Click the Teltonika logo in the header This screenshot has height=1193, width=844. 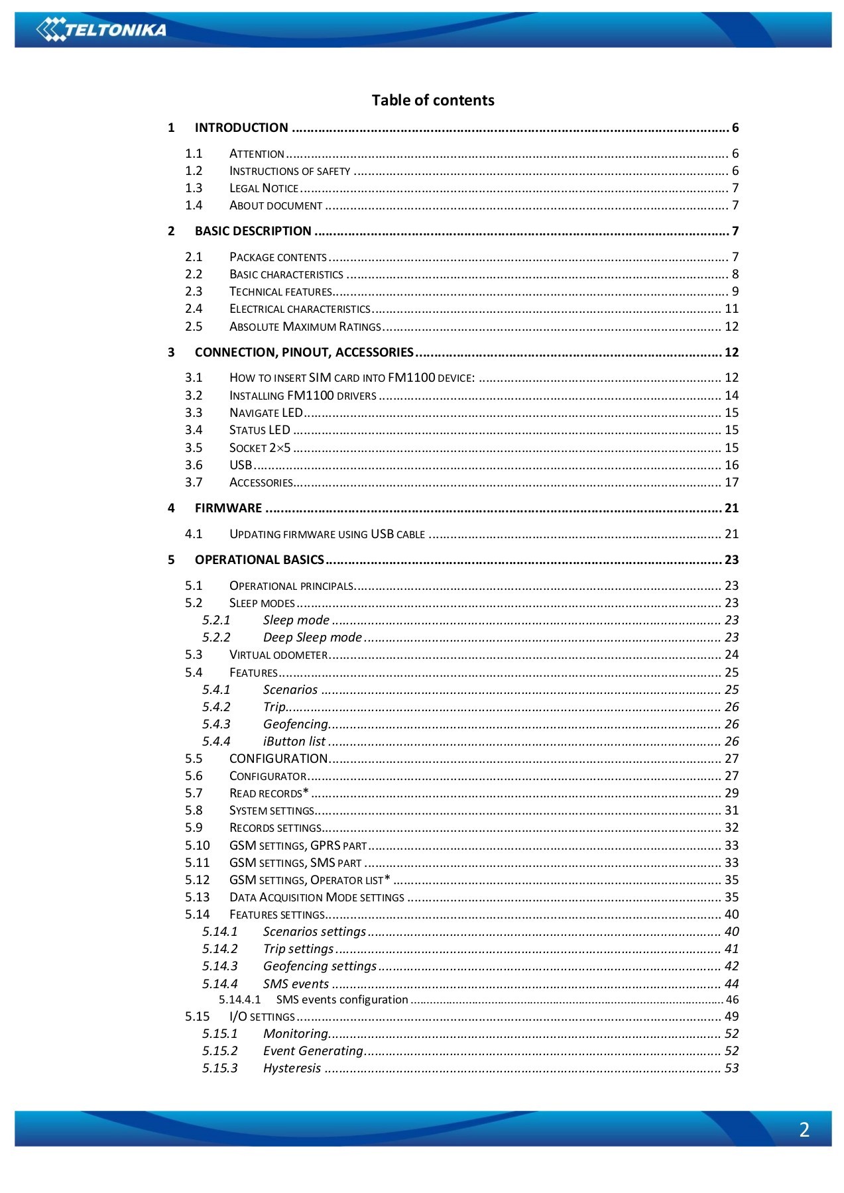click(x=101, y=29)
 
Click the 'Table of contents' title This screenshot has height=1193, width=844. click(x=432, y=100)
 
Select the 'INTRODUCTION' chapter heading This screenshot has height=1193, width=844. click(x=241, y=128)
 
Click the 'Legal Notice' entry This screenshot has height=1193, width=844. click(x=263, y=188)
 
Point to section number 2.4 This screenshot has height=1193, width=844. click(x=194, y=309)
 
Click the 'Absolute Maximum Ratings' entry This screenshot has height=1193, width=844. click(x=305, y=327)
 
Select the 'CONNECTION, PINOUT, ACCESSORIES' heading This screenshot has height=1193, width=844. click(x=304, y=353)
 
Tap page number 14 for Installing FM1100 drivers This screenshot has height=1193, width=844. click(x=731, y=396)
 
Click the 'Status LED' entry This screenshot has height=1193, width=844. click(x=259, y=430)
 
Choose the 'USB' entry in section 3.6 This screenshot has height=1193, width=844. click(x=240, y=465)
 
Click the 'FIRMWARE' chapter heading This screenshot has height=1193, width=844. click(x=228, y=508)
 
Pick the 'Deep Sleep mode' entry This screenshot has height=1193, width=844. click(x=312, y=638)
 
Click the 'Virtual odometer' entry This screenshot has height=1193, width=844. click(x=278, y=655)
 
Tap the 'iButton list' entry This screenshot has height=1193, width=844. click(x=294, y=742)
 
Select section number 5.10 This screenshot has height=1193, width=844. click(x=197, y=846)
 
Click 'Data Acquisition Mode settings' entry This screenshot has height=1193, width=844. click(x=316, y=897)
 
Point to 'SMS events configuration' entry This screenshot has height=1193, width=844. click(x=341, y=999)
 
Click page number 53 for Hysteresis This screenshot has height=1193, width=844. click(x=731, y=1068)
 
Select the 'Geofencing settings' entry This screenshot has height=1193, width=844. click(x=320, y=966)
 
